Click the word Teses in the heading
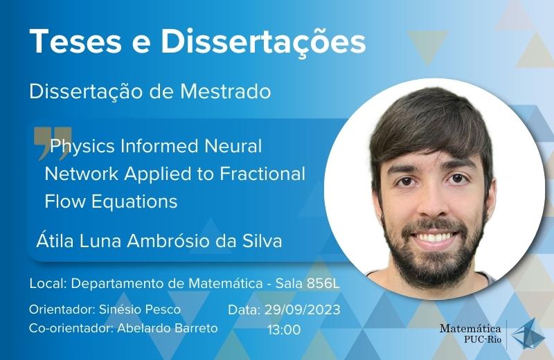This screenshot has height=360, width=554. [x=76, y=41]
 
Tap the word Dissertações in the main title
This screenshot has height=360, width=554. [x=263, y=42]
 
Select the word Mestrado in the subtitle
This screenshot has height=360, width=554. [x=226, y=91]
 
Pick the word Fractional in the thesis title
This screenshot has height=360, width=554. [x=262, y=174]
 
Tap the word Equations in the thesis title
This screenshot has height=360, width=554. [x=134, y=202]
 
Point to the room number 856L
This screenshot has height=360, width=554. [x=323, y=283]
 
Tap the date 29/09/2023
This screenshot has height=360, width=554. [x=302, y=310]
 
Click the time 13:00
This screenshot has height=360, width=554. [x=284, y=330]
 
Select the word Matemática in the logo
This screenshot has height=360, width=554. [x=470, y=329]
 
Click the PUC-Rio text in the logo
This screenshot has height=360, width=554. [x=483, y=340]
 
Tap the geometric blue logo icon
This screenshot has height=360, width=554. [x=528, y=334]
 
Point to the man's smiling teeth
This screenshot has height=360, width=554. [x=436, y=237]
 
